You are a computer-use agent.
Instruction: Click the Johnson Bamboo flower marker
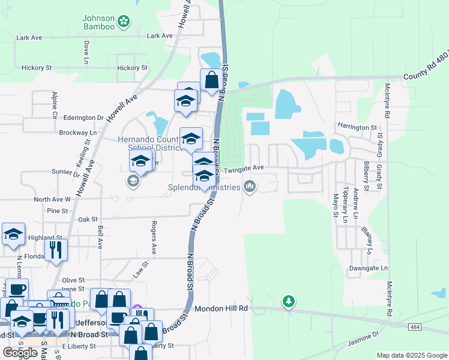(124, 22)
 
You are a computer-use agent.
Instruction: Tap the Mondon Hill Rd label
(221, 308)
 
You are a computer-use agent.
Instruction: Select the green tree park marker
(289, 301)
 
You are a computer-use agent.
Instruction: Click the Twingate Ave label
(244, 170)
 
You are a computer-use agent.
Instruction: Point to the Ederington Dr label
(79, 118)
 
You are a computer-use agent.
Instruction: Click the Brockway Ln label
(77, 133)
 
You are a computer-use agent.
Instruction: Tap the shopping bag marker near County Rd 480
(211, 80)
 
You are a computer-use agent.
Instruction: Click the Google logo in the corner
(20, 353)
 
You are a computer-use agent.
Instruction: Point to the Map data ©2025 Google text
(411, 355)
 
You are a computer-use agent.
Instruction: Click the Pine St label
(57, 211)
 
